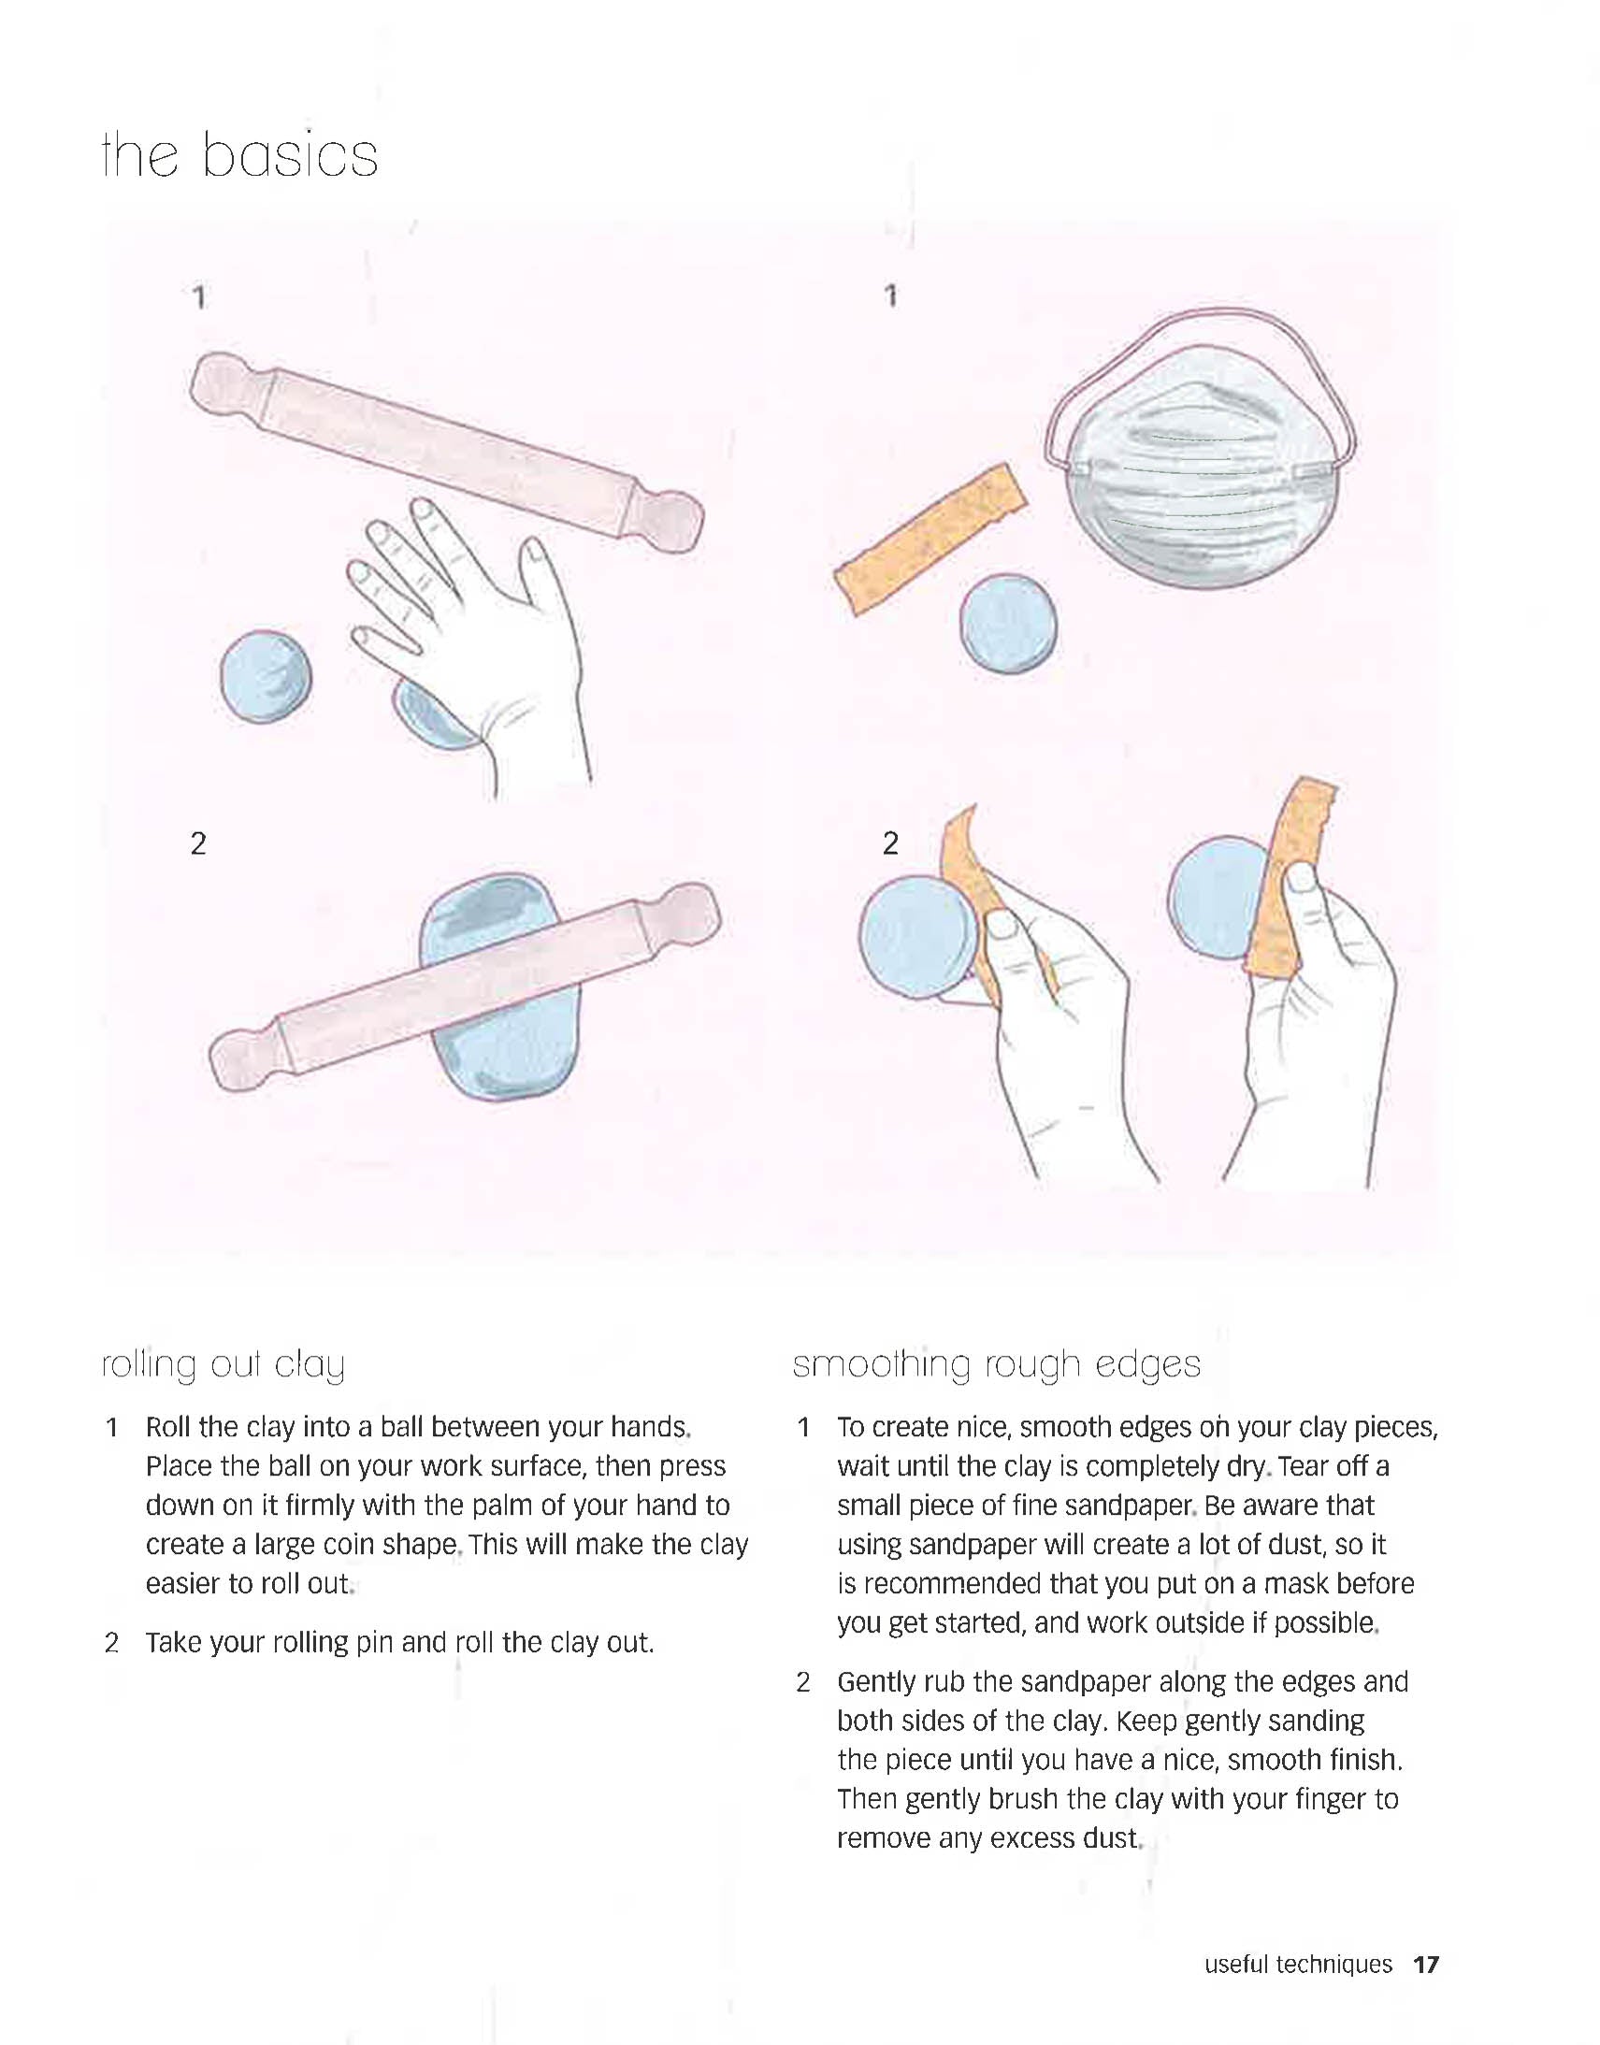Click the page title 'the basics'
pyautogui.click(x=238, y=154)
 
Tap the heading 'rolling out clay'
pyautogui.click(x=223, y=1365)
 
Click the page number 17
pyautogui.click(x=1425, y=1965)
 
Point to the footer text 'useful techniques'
pyautogui.click(x=1297, y=1965)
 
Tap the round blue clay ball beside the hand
pyautogui.click(x=266, y=676)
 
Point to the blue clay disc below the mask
pyautogui.click(x=1009, y=623)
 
